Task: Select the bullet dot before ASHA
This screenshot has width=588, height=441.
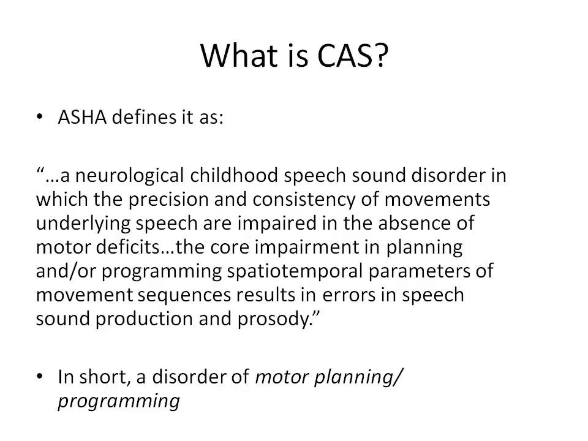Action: point(41,118)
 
